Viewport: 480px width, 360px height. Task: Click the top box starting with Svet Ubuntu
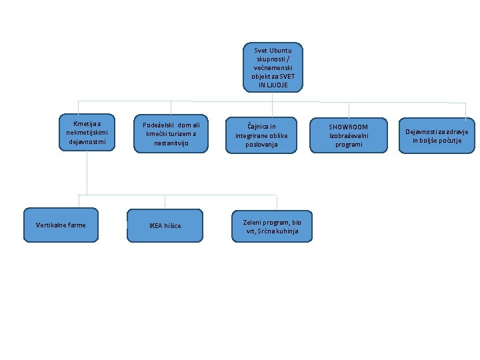273,67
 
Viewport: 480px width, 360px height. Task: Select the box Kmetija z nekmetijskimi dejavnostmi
87,132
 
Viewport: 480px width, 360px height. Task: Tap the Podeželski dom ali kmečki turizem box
171,133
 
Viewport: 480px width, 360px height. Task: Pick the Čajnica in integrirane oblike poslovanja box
261,135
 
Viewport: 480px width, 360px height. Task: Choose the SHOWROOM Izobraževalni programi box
349,135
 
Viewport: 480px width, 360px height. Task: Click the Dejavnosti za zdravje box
437,135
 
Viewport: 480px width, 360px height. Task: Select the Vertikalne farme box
61,225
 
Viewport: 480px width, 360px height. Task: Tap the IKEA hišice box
165,225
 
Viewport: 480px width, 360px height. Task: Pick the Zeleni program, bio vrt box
272,226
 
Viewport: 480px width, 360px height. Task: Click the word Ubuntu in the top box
281,50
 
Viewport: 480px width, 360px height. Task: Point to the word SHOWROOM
349,127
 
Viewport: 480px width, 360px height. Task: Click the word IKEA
155,225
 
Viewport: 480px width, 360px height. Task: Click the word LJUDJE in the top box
277,85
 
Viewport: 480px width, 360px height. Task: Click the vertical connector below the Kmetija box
87,173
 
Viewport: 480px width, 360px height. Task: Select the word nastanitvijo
171,143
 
